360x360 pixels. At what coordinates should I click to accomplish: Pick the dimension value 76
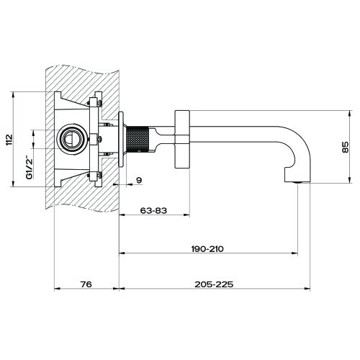pos(86,285)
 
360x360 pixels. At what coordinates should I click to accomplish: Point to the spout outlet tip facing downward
pos(297,181)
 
